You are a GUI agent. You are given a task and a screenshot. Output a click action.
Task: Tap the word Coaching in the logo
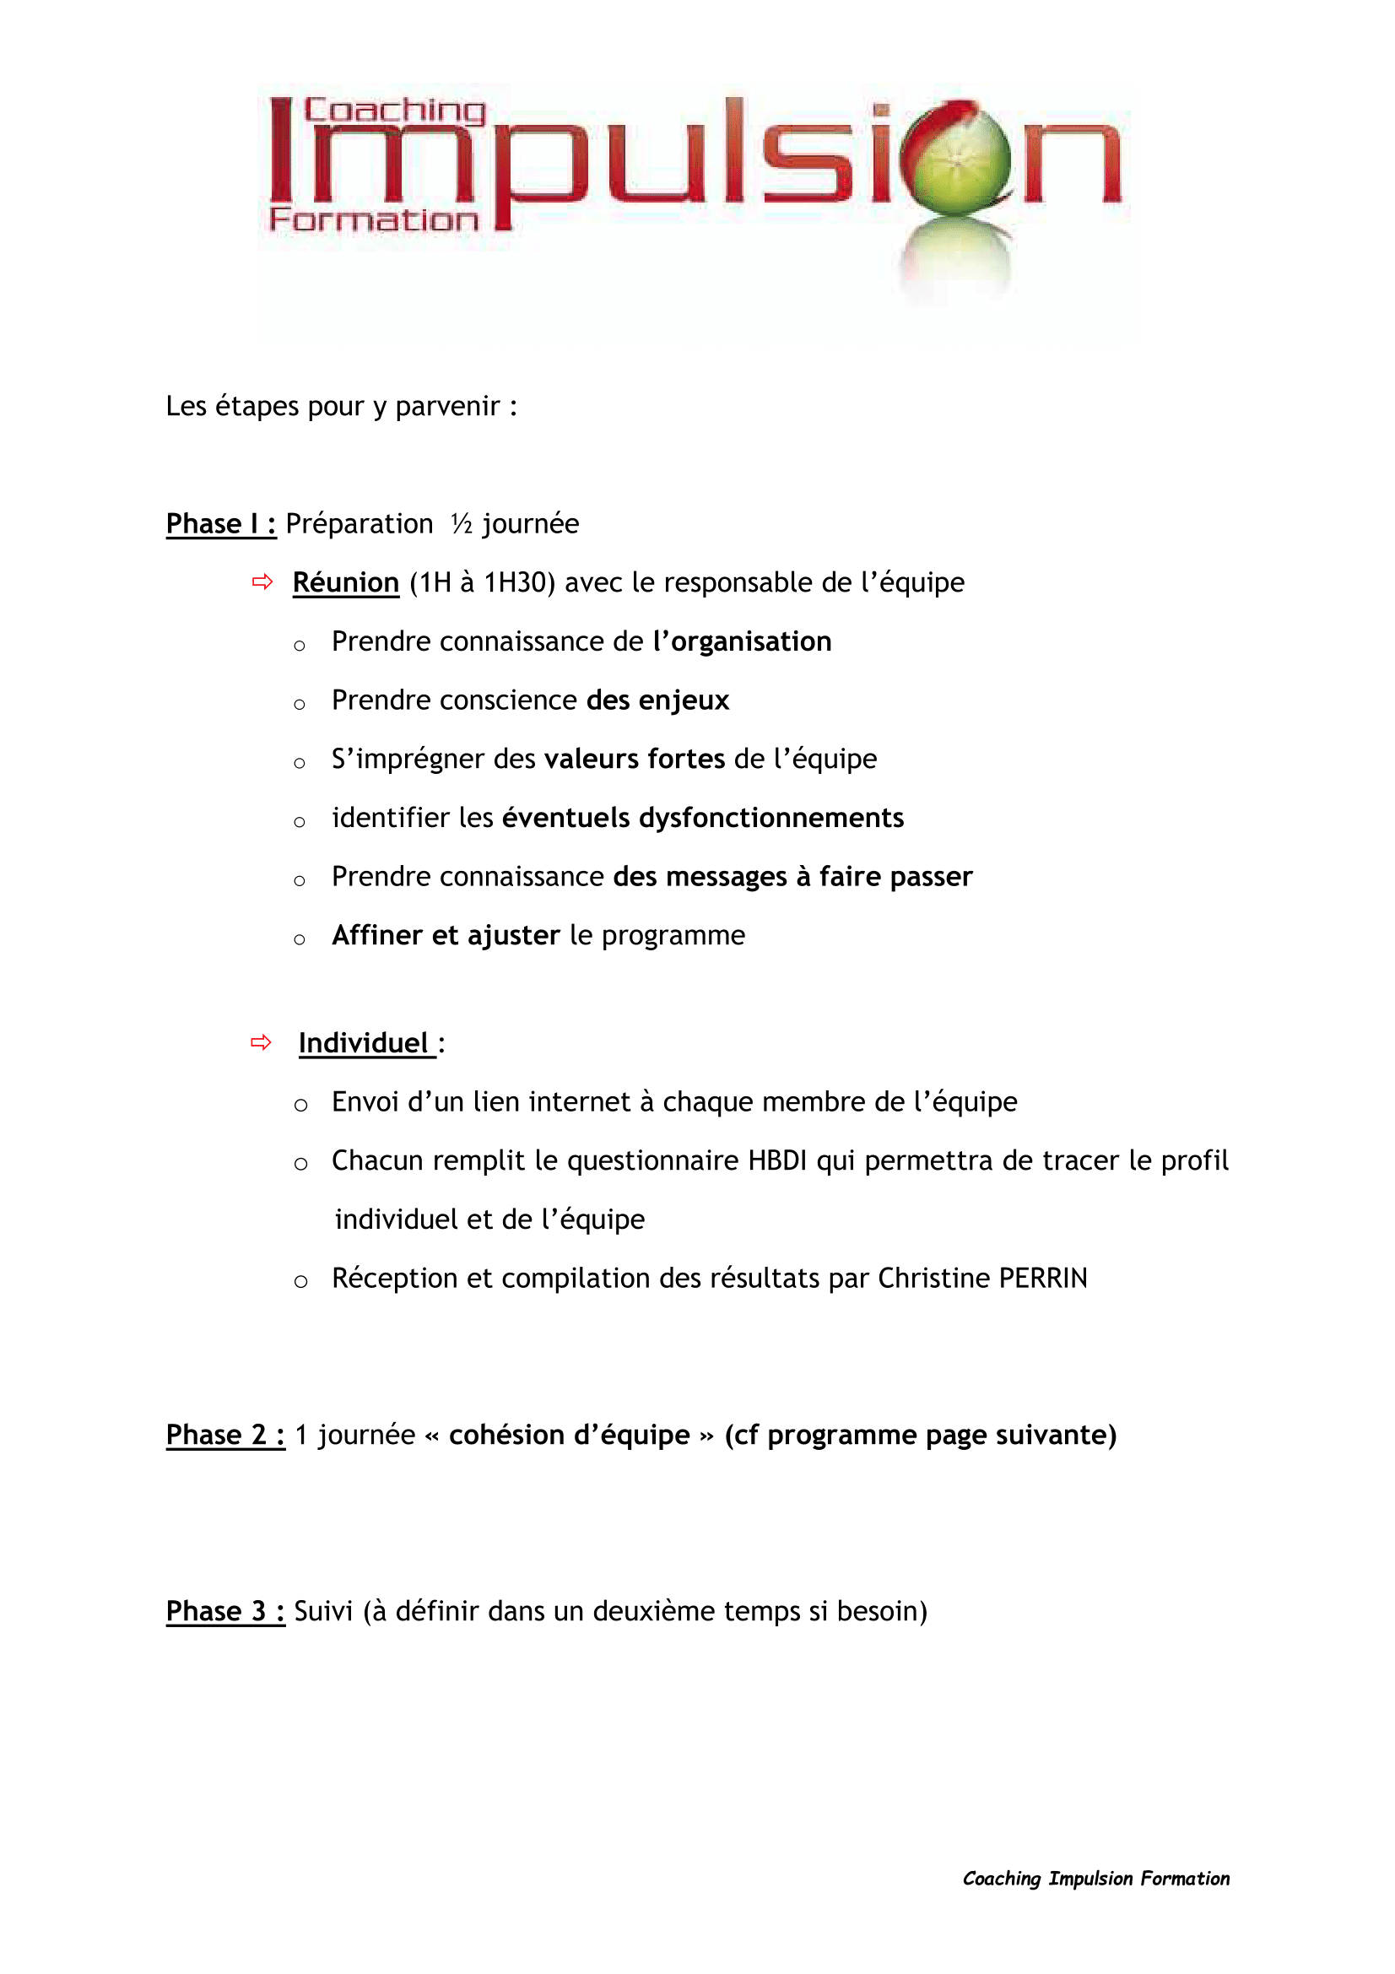tap(394, 111)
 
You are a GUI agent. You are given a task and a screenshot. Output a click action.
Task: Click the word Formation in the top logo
tap(373, 220)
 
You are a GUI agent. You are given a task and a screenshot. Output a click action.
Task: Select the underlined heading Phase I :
tap(221, 523)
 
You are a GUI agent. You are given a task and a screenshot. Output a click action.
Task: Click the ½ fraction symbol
tap(462, 523)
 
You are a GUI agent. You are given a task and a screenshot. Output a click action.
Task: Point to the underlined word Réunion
tap(345, 583)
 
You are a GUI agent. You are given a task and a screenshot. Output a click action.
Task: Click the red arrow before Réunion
tap(262, 582)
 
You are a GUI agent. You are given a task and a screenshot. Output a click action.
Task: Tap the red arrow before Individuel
tap(262, 1043)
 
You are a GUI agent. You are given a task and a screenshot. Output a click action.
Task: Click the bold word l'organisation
tap(742, 641)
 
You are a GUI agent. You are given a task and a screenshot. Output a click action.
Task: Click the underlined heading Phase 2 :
tap(225, 1435)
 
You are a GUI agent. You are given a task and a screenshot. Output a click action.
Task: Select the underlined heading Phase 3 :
tap(225, 1611)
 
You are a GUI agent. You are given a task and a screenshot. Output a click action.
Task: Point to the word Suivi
tap(323, 1611)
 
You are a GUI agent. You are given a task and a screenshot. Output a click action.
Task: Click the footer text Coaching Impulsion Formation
tap(1095, 1879)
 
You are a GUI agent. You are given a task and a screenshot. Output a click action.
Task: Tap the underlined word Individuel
tap(364, 1044)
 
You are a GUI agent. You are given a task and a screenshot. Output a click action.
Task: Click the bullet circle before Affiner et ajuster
tap(299, 939)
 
